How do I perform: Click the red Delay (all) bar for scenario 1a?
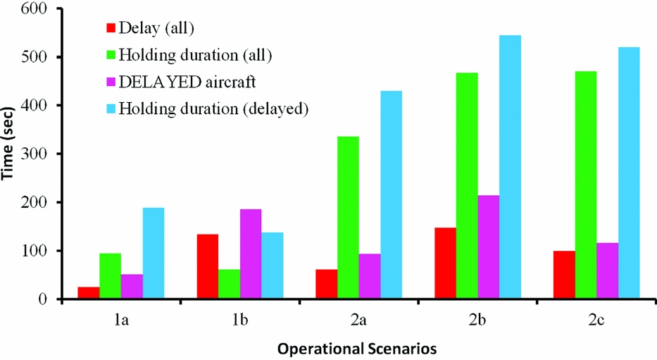pyautogui.click(x=88, y=292)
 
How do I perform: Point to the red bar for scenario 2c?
pyautogui.click(x=563, y=275)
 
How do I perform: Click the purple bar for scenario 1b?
pyautogui.click(x=251, y=254)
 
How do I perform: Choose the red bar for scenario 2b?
pyautogui.click(x=444, y=263)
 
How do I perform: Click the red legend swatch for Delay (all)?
pyautogui.click(x=110, y=28)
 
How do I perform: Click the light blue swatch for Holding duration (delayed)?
pyautogui.click(x=110, y=108)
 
